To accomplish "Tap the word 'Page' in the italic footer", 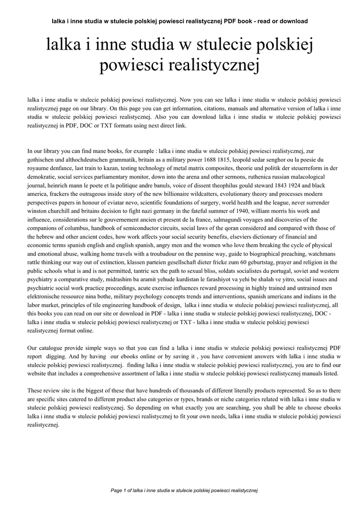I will coord(117,490).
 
